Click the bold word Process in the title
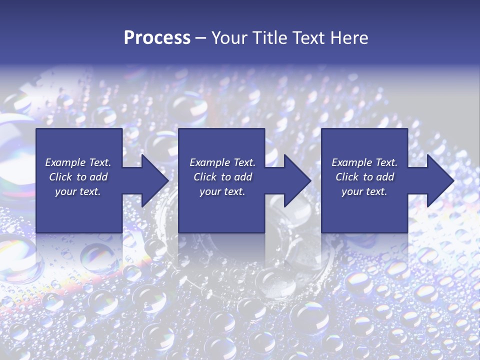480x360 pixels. click(x=157, y=38)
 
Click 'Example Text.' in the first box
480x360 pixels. click(x=78, y=162)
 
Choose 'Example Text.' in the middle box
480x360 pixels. click(x=222, y=162)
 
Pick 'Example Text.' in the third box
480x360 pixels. click(x=364, y=162)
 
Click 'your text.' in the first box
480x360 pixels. click(x=78, y=191)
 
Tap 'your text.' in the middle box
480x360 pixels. click(x=222, y=191)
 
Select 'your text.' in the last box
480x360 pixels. click(x=364, y=191)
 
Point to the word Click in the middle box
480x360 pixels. click(x=205, y=177)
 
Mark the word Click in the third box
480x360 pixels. click(x=347, y=177)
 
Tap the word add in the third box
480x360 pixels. click(x=384, y=177)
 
